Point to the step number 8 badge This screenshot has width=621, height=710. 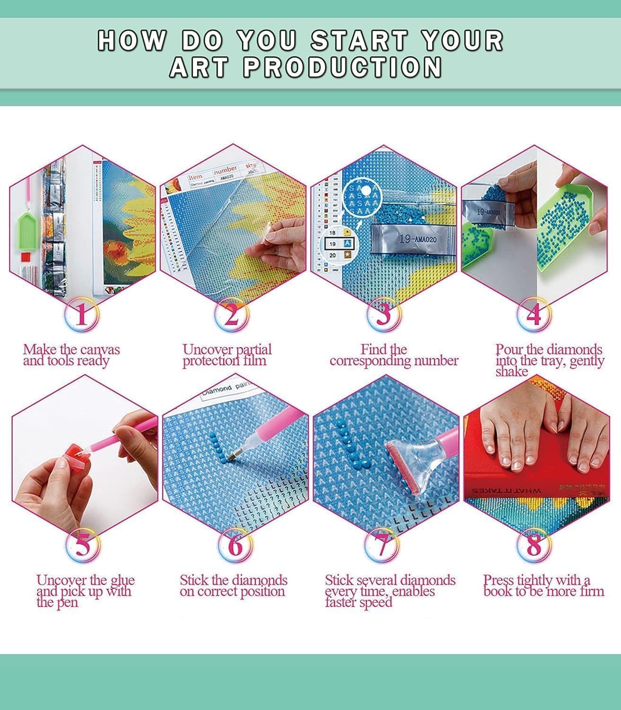[x=534, y=546]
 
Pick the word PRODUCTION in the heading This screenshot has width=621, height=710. [x=343, y=67]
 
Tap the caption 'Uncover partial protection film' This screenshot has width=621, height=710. [x=227, y=355]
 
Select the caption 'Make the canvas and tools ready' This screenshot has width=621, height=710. [x=71, y=355]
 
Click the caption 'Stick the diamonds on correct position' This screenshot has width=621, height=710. [x=233, y=586]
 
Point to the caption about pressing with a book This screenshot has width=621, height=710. [x=543, y=586]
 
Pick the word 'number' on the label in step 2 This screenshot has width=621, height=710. [x=225, y=169]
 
